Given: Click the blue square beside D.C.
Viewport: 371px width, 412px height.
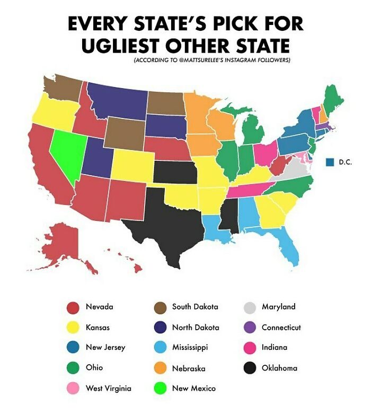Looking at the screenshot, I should coord(330,162).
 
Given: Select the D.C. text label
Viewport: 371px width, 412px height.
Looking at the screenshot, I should coord(344,162).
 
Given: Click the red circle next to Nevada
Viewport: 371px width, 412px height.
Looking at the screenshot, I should coord(73,307).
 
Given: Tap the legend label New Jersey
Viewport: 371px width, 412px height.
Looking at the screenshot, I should coord(105,348).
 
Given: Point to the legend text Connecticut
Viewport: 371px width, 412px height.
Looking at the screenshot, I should coord(281,328).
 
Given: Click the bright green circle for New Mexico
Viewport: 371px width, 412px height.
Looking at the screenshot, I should coord(160,389).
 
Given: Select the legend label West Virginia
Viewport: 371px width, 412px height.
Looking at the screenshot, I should coord(108,389).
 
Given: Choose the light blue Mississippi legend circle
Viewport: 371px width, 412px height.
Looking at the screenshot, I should coord(160,348).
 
